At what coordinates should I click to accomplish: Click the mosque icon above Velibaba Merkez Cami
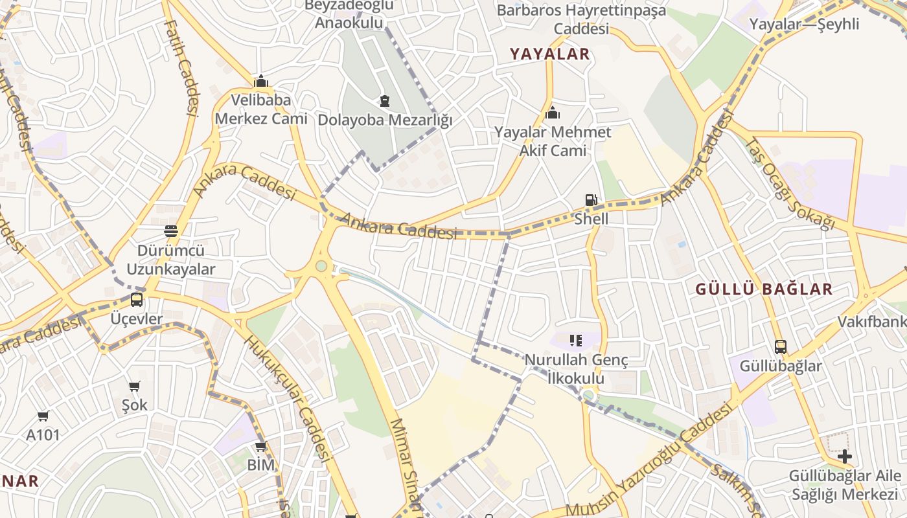261,81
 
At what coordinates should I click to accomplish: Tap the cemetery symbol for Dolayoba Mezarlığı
385,101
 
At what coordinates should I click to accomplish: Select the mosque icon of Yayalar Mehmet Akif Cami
553,113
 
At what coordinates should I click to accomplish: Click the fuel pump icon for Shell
591,199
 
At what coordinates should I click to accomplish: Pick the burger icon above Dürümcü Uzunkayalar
171,231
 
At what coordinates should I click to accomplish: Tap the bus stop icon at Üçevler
136,299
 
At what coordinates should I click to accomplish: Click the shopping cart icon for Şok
135,387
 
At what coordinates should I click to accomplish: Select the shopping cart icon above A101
43,416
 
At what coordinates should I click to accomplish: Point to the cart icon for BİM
261,447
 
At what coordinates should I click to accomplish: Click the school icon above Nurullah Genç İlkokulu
576,340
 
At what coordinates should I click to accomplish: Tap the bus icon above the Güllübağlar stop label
781,346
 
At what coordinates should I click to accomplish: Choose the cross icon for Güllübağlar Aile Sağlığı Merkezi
844,456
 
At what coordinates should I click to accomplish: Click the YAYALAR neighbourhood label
550,54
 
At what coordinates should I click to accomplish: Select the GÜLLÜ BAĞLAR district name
764,289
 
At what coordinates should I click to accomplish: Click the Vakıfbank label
871,322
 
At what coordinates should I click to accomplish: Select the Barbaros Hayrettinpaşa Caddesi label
581,19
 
